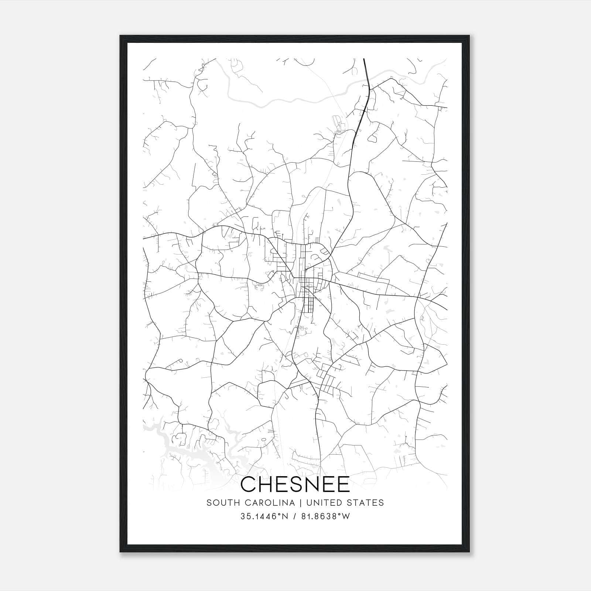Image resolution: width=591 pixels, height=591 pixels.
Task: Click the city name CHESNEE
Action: (295, 484)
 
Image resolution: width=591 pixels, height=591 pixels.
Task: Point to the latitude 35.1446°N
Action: (264, 516)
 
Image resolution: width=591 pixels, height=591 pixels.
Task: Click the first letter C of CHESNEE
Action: (248, 484)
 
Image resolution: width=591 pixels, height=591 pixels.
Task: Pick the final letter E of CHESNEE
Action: (342, 484)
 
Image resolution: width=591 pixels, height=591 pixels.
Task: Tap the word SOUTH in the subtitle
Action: (219, 503)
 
